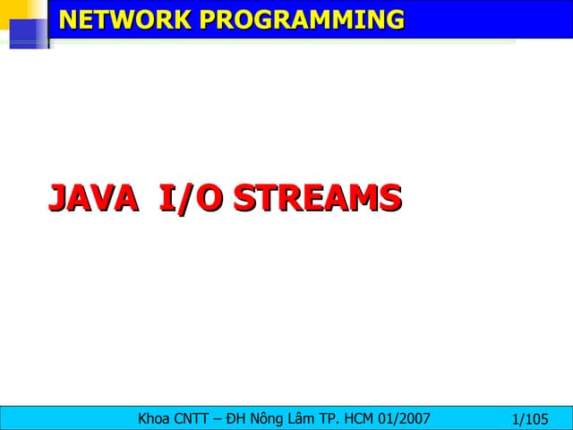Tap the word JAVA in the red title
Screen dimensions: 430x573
coord(92,199)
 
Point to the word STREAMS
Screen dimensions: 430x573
coord(315,199)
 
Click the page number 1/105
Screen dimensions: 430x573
coord(529,418)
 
